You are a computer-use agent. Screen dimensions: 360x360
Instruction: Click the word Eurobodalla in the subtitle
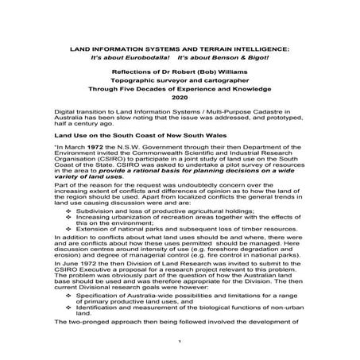pos(140,58)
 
